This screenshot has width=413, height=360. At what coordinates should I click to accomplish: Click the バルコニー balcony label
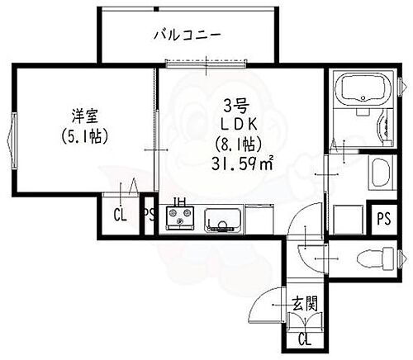187,36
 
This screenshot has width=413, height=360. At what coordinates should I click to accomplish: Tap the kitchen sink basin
223,219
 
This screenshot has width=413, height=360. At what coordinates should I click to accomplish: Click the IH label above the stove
178,201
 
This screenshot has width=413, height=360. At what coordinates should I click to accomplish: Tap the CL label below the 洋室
120,217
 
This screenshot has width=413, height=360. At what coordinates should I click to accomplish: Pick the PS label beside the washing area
383,218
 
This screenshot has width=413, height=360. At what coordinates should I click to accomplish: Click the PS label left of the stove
149,217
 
